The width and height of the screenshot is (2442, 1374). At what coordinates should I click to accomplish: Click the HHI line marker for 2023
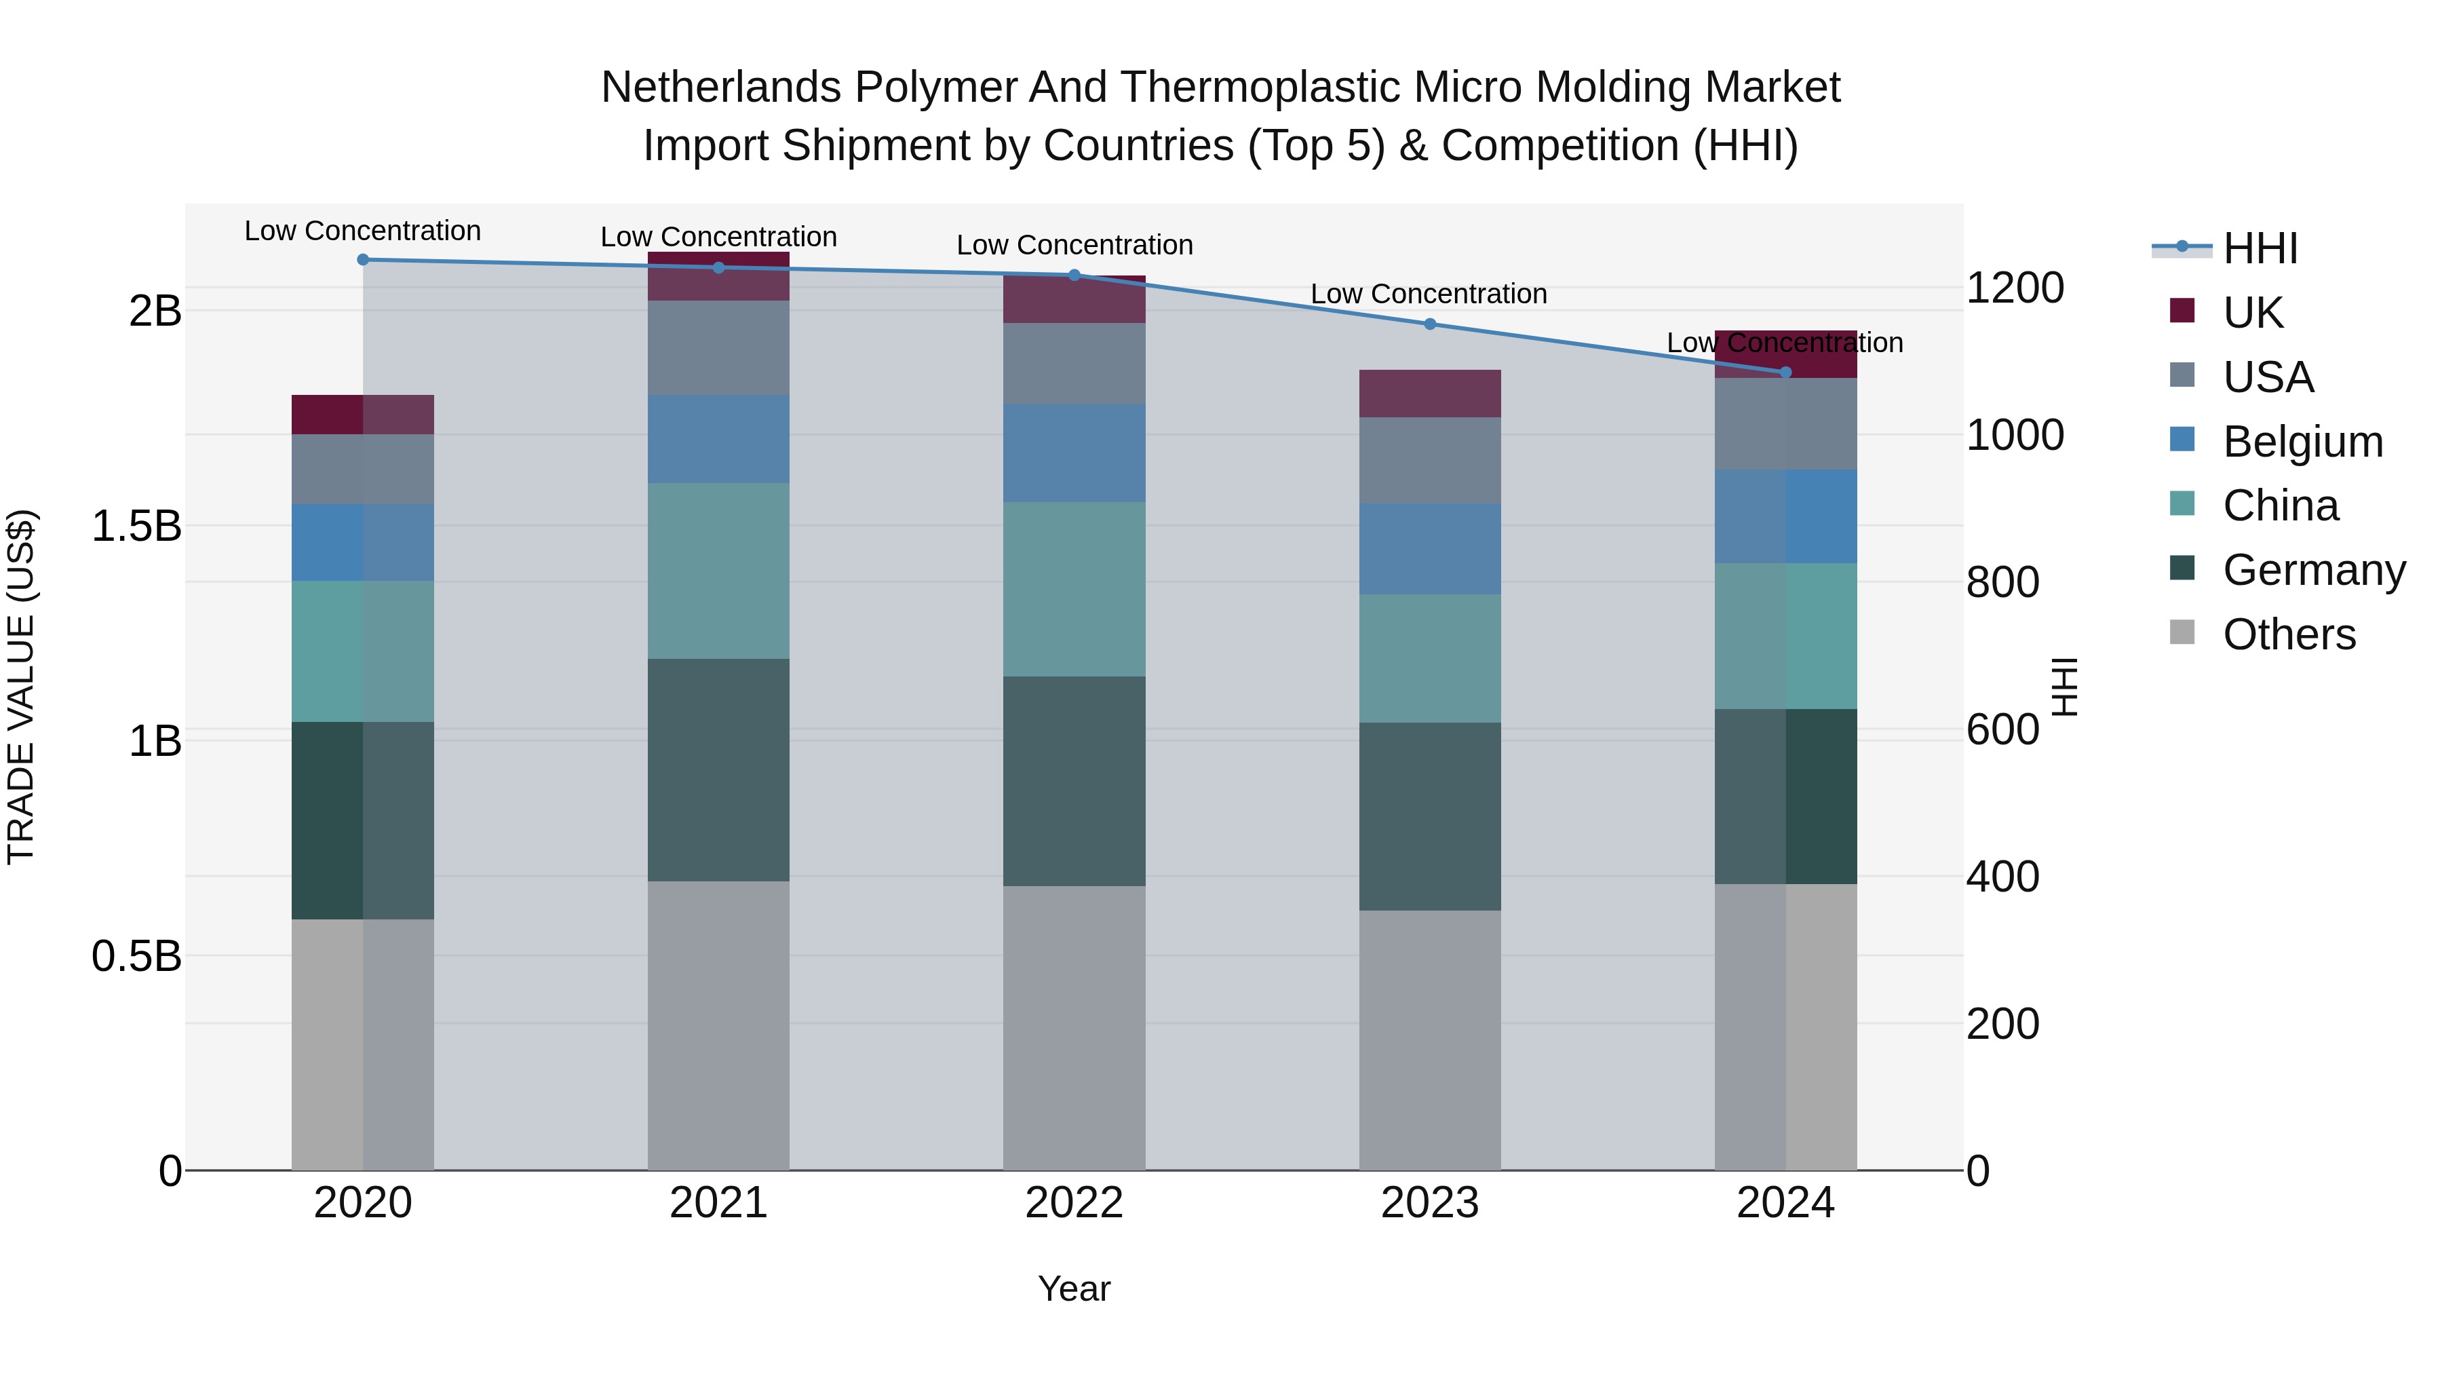click(x=1429, y=324)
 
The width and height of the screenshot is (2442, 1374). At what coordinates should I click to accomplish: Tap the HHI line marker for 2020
click(x=363, y=260)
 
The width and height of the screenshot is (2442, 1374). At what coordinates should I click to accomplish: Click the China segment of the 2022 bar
click(x=1074, y=589)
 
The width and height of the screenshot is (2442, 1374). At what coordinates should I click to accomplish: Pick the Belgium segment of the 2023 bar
click(x=1429, y=549)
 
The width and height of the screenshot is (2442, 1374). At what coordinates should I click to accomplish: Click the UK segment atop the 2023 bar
click(x=1429, y=394)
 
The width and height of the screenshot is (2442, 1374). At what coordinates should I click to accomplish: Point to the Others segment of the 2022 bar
click(x=1074, y=1027)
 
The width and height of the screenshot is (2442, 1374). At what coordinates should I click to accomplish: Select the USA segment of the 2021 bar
click(x=718, y=347)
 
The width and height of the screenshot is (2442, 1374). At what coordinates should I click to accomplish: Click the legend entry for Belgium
click(x=2302, y=442)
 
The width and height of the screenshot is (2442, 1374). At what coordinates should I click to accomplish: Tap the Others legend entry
click(x=2289, y=634)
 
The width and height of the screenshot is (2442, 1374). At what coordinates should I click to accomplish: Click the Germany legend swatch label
click(x=2313, y=570)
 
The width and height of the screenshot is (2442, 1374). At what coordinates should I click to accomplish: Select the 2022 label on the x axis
click(x=1074, y=1203)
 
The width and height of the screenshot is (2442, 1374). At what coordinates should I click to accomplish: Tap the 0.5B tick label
click(x=136, y=956)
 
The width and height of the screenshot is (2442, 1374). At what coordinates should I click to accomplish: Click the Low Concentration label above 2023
click(x=1429, y=294)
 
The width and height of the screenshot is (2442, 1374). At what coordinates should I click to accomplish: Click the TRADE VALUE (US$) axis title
click(x=21, y=687)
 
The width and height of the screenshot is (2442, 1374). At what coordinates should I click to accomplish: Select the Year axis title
click(x=1074, y=1289)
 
